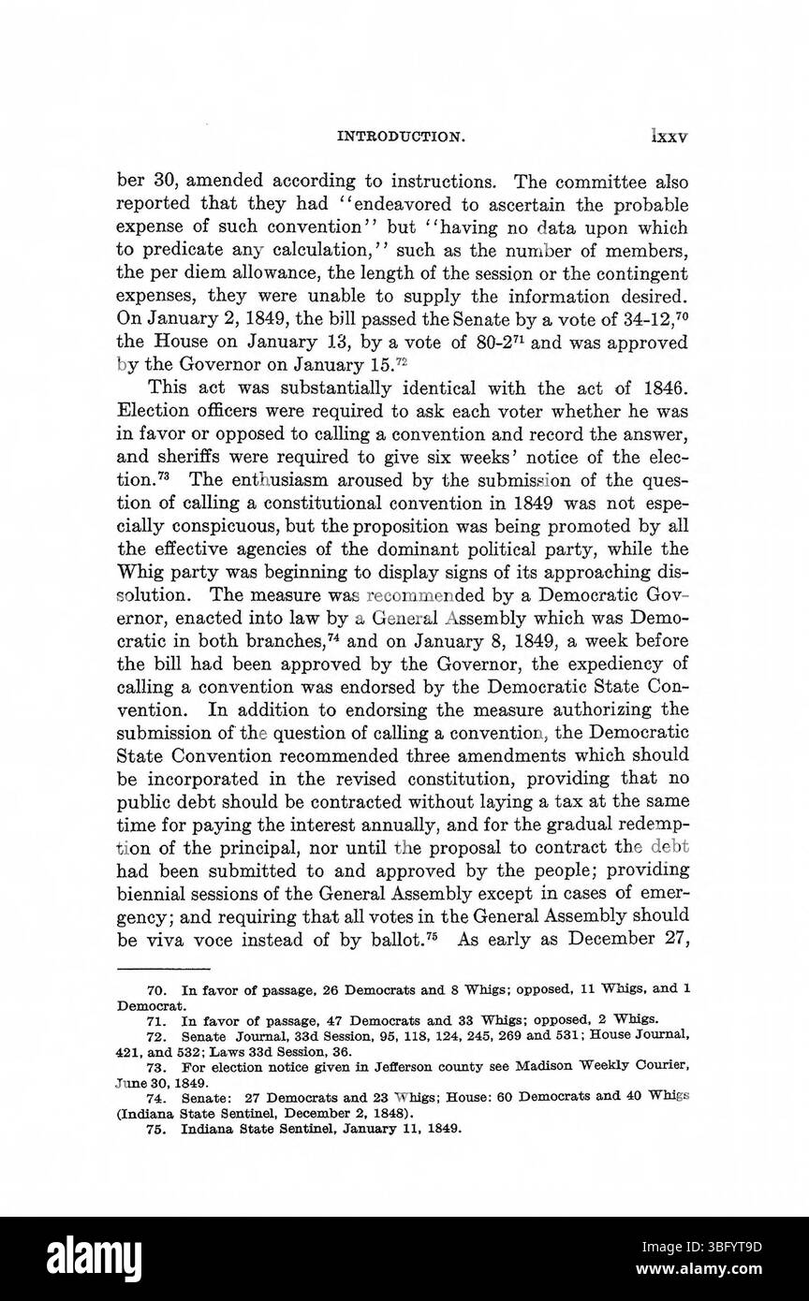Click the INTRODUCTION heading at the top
(x=402, y=136)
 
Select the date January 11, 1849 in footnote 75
(x=394, y=1128)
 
